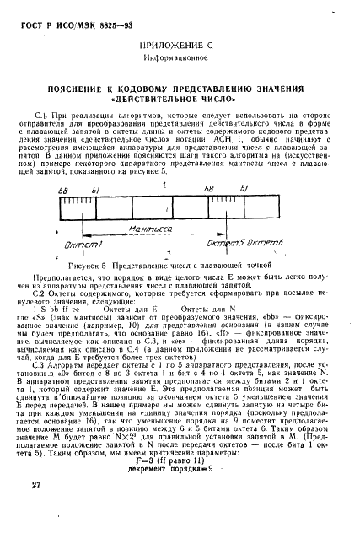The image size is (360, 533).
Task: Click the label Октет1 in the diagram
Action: click(x=88, y=244)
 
